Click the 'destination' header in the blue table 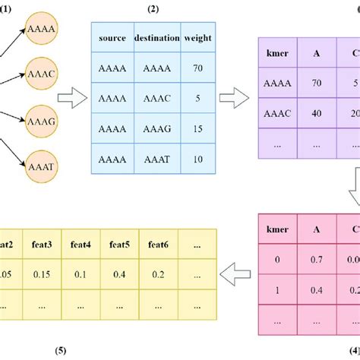(156, 36)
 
